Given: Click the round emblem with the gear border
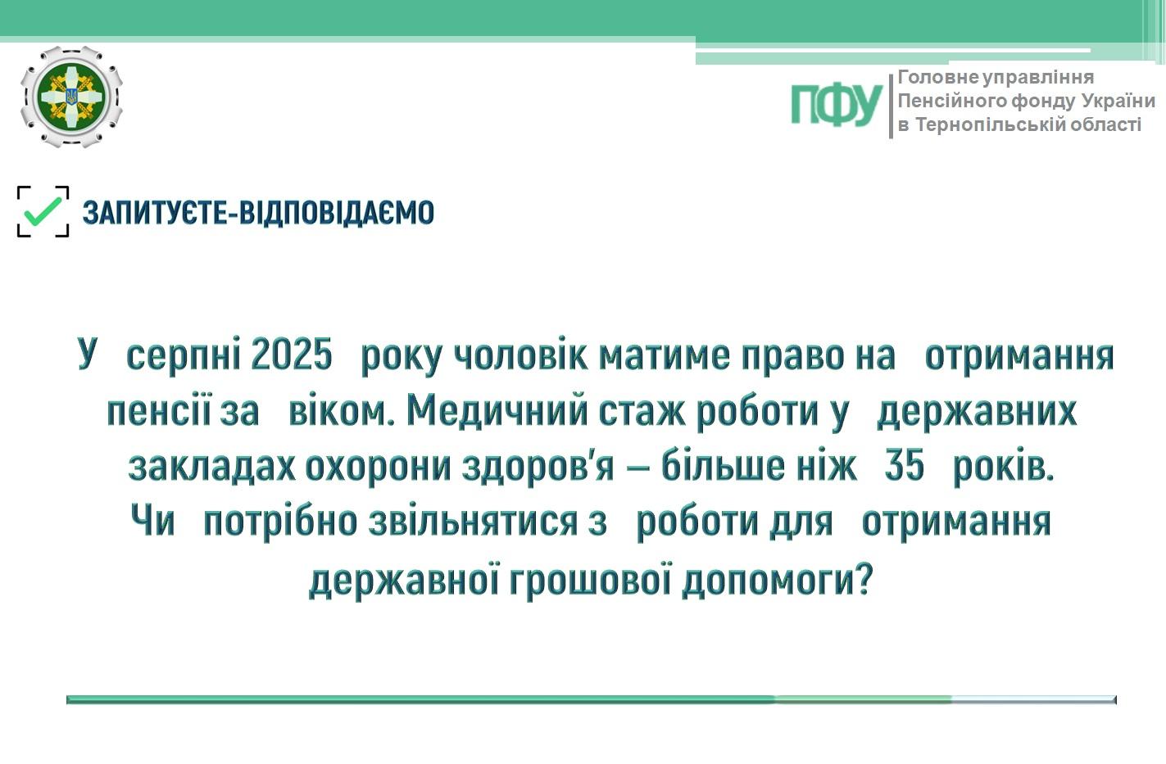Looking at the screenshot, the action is tap(71, 97).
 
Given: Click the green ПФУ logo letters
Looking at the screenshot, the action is tap(837, 105).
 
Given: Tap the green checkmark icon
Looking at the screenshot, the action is tap(43, 210).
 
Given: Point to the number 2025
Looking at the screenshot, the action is tap(291, 355).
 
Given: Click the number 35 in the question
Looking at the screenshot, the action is tap(904, 465).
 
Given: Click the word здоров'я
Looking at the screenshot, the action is tap(538, 467).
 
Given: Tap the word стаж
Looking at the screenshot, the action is tap(642, 412).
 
